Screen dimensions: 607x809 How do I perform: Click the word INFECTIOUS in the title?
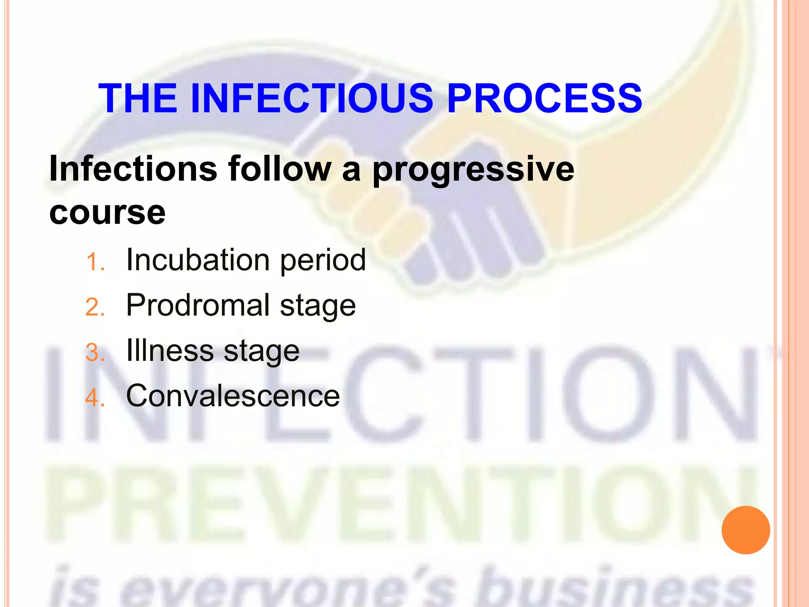click(x=312, y=98)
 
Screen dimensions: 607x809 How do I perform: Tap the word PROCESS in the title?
click(x=545, y=98)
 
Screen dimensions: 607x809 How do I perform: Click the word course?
click(x=107, y=213)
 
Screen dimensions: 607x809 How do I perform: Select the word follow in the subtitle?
click(x=280, y=169)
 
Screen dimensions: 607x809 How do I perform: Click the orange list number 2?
click(x=95, y=307)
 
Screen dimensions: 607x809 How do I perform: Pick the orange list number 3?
click(x=95, y=353)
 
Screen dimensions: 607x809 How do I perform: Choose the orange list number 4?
click(x=95, y=398)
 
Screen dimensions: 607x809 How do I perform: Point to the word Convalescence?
click(x=233, y=396)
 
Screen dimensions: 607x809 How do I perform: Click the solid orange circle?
click(x=745, y=530)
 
